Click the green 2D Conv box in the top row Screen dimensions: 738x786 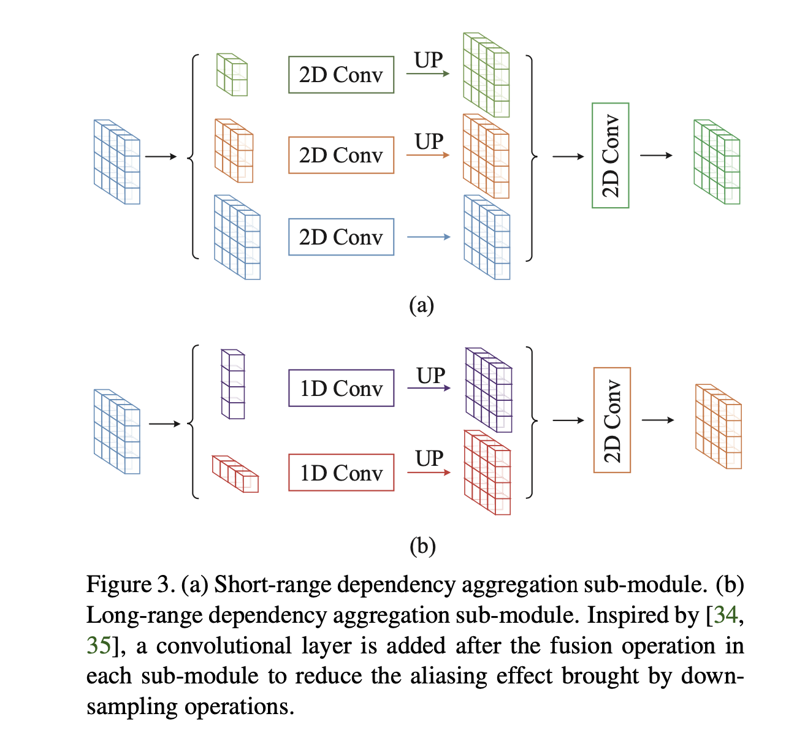tap(341, 75)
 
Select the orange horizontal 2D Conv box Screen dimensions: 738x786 tap(341, 155)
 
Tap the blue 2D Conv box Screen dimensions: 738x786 tap(341, 237)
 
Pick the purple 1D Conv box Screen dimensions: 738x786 tap(341, 388)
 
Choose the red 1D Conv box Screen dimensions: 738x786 tap(341, 473)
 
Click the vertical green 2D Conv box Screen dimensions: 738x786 tap(610, 156)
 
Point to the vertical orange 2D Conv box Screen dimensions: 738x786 tap(612, 420)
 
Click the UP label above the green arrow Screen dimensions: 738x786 tap(429, 60)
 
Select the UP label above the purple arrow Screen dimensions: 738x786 tap(430, 375)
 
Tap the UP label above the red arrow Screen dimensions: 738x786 tap(429, 458)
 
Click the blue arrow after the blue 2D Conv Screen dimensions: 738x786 tap(429, 237)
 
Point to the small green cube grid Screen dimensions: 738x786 tap(232, 75)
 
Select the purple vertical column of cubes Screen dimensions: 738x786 tap(233, 384)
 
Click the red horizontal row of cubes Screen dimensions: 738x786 tap(235, 474)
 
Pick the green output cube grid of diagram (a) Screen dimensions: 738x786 tap(717, 162)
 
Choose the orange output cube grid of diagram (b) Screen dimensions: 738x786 tap(718, 427)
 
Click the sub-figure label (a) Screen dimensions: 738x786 tap(421, 305)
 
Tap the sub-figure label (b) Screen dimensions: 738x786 tap(422, 546)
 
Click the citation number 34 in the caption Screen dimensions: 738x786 tap(726, 615)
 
